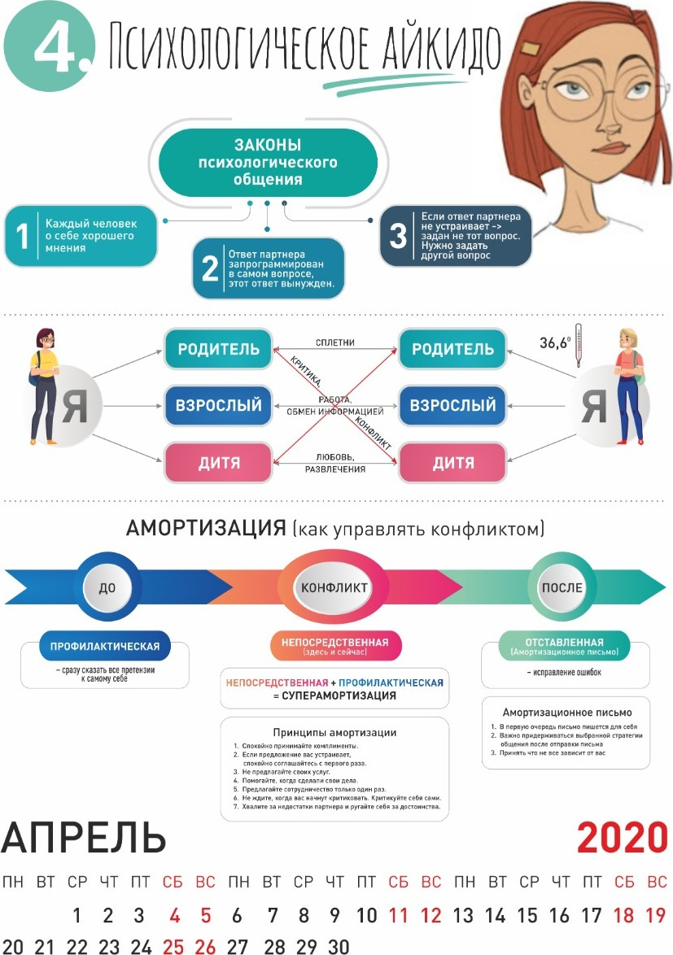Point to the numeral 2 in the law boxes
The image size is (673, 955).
pyautogui.click(x=210, y=269)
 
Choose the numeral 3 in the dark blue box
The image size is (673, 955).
pyautogui.click(x=398, y=236)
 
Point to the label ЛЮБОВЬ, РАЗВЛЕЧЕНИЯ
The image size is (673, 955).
pyautogui.click(x=335, y=463)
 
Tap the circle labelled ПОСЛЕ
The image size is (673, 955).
pyautogui.click(x=562, y=587)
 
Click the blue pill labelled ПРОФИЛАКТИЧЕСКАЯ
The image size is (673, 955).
pyautogui.click(x=105, y=647)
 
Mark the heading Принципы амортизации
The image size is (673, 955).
pyautogui.click(x=334, y=732)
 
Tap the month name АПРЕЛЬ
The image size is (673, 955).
pyautogui.click(x=84, y=838)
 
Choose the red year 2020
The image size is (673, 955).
pyautogui.click(x=622, y=838)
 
